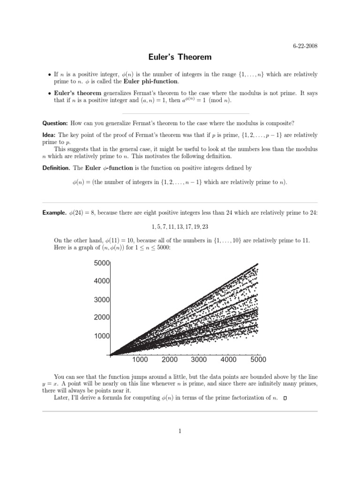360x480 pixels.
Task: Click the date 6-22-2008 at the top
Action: click(305, 45)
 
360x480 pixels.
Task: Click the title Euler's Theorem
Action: click(180, 58)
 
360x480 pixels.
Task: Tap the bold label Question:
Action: click(55, 123)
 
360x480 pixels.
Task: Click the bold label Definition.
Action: click(56, 167)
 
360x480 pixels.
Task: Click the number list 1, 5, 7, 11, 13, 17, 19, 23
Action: click(180, 227)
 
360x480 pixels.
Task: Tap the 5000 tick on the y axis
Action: click(102, 263)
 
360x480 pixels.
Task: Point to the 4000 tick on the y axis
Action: click(102, 281)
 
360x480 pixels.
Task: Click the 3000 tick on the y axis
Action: click(102, 300)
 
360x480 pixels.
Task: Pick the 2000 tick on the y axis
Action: click(102, 318)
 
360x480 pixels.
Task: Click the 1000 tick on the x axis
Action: click(140, 360)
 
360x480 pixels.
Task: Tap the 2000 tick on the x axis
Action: click(169, 360)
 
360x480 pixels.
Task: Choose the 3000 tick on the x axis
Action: click(199, 360)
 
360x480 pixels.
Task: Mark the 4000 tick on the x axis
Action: click(228, 360)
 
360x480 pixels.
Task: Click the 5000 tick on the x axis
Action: click(258, 360)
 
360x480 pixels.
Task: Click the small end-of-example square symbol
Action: click(285, 398)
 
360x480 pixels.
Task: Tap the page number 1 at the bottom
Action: click(180, 432)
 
